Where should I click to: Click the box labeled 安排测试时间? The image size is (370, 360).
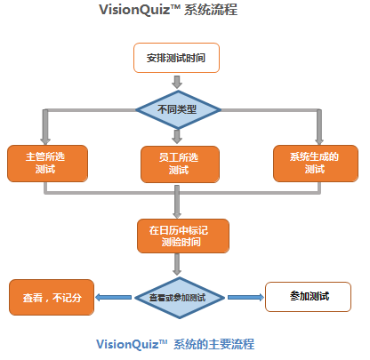coord(176,58)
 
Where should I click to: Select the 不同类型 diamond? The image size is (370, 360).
coord(178,110)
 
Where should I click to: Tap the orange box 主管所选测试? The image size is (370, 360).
coord(47,164)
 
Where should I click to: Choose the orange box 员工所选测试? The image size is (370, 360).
coord(180,164)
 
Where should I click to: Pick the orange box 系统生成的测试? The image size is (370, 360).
coord(316,164)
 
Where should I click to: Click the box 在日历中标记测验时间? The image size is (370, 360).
coord(183,236)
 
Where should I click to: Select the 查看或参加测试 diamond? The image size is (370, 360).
coord(180,298)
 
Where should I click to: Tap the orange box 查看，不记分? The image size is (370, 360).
coord(52,297)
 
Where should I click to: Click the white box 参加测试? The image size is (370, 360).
coord(308,297)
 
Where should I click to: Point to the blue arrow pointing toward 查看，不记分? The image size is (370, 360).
coord(113,297)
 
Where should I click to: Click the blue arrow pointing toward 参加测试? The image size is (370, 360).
coord(245,297)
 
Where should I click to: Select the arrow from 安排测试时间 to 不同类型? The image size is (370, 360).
coord(177,82)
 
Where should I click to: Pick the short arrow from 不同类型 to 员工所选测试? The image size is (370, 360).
coord(177,136)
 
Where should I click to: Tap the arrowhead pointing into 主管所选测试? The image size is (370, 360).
coord(45,141)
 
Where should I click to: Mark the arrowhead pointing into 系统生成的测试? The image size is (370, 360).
coord(319,141)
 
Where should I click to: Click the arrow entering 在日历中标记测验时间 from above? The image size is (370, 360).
coord(177,202)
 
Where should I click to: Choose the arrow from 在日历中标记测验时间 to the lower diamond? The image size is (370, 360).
coord(177,265)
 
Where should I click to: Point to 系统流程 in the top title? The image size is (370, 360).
coord(211,10)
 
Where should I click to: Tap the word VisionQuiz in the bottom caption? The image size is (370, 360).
coord(127,344)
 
